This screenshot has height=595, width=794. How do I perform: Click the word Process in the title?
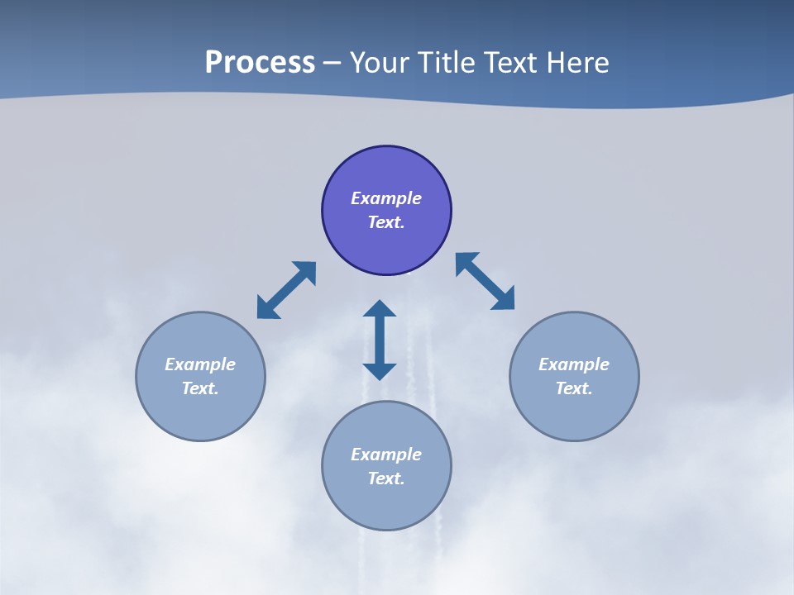click(260, 63)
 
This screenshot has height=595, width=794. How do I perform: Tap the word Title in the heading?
click(446, 63)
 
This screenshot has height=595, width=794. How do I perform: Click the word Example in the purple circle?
click(386, 198)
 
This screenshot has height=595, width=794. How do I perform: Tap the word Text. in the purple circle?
click(386, 222)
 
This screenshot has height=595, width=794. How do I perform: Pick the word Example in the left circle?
click(200, 364)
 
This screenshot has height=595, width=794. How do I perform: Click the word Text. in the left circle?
click(200, 388)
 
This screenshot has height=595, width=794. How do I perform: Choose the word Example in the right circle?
click(574, 364)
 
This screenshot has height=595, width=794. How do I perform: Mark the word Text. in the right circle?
click(574, 388)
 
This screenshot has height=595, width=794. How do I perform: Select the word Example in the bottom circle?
click(386, 455)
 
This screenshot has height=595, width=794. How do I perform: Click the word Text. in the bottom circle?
click(386, 478)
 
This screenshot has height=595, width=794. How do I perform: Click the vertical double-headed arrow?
click(380, 340)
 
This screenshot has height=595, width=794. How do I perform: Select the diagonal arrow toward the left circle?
click(286, 290)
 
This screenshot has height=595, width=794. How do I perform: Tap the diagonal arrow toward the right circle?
click(485, 281)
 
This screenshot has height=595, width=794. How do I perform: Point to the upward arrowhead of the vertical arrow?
click(380, 309)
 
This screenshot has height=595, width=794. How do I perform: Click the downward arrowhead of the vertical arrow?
click(380, 371)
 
